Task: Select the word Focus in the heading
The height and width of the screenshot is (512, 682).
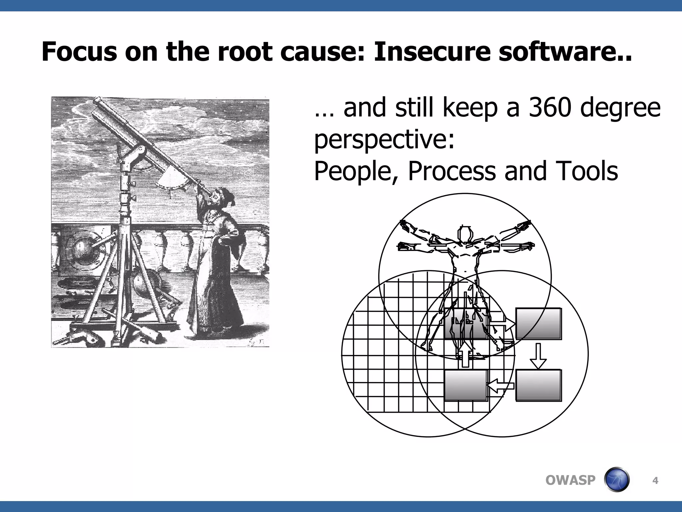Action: (x=79, y=52)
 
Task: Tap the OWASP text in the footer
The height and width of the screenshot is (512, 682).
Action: (x=570, y=480)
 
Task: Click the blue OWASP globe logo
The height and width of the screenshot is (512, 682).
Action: (x=617, y=480)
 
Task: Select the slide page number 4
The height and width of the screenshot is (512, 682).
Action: (x=655, y=481)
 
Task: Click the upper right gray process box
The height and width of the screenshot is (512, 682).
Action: (x=538, y=323)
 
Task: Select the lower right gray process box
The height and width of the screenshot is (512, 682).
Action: (x=538, y=385)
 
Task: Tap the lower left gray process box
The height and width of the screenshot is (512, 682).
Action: (x=466, y=385)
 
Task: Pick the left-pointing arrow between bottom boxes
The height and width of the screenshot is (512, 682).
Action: (x=500, y=386)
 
